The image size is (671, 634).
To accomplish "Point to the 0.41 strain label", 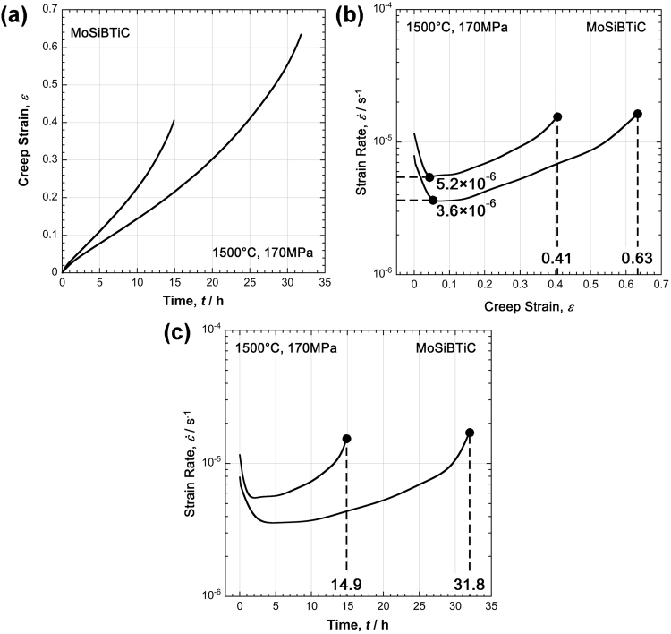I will pyautogui.click(x=557, y=260).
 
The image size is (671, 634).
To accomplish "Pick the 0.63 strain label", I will pyautogui.click(x=637, y=260).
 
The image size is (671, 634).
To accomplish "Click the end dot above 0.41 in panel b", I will pyautogui.click(x=557, y=116).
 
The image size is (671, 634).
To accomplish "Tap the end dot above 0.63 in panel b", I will pyautogui.click(x=637, y=114).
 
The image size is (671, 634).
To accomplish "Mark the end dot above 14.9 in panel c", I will pyautogui.click(x=346, y=439).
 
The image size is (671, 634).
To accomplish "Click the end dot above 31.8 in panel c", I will pyautogui.click(x=470, y=433).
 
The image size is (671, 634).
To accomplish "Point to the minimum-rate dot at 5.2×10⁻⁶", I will pyautogui.click(x=429, y=177).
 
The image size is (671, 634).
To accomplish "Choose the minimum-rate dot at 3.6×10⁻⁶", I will pyautogui.click(x=433, y=200).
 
